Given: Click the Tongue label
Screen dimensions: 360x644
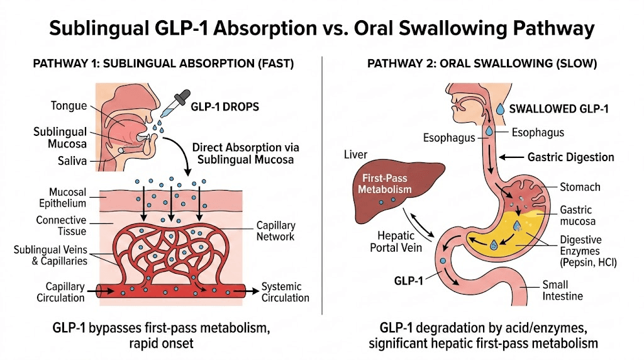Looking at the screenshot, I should coord(69,105).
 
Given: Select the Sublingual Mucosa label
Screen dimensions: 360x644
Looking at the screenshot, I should coord(60,139).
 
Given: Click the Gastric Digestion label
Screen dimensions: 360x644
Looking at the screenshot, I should coord(570,157).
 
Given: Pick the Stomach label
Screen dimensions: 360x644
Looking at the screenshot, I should coord(580,187).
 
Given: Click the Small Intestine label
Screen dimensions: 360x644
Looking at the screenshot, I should coord(563,290).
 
